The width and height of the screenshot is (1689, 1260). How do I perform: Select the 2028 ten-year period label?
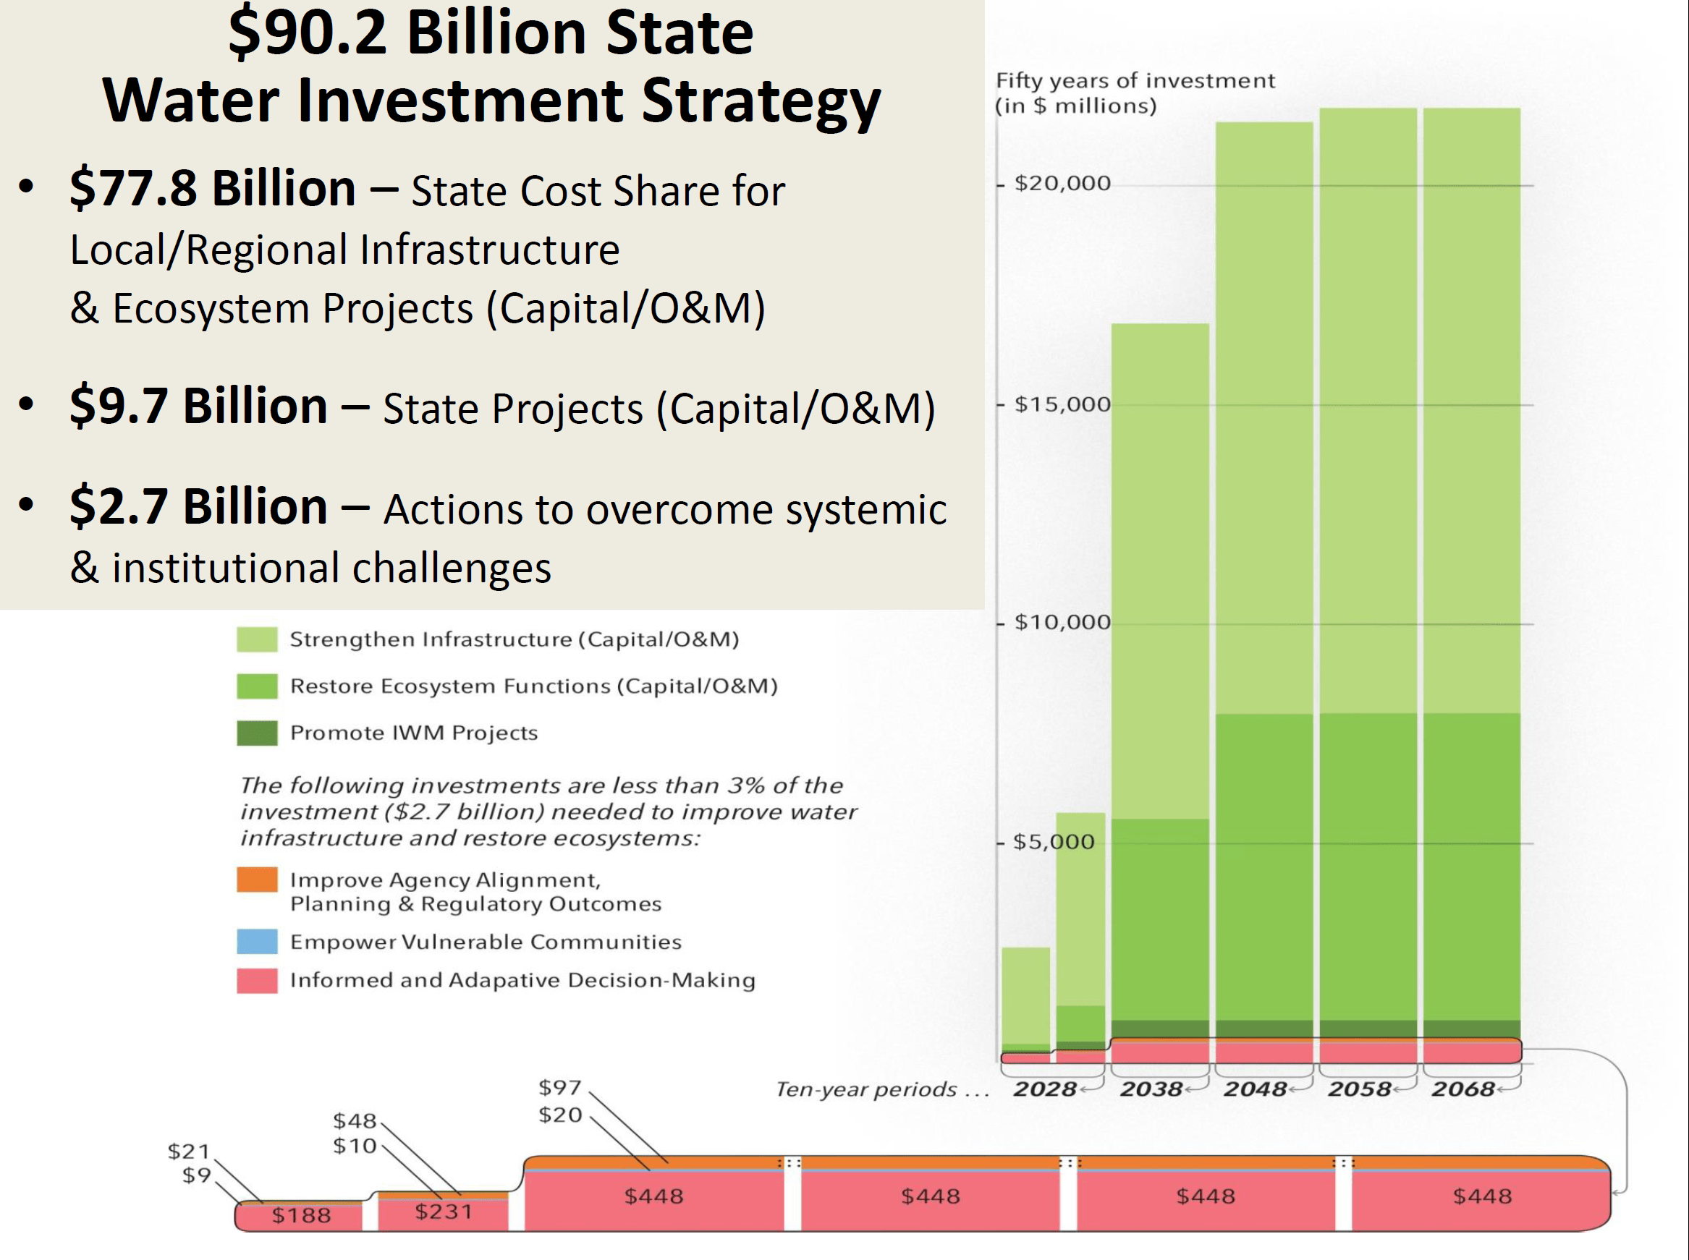coord(1044,1089)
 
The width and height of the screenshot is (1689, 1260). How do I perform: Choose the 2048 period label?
coord(1255,1089)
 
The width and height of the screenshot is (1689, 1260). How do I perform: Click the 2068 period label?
coord(1462,1089)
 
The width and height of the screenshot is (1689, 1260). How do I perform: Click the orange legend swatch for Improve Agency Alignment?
coord(257,880)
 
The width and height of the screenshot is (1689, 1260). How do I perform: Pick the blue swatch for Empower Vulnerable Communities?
coord(257,941)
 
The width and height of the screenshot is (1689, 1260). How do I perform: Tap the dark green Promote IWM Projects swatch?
coord(257,733)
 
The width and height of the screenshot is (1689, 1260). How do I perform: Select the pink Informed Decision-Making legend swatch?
coord(257,980)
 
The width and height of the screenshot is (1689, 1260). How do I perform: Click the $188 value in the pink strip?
coord(301,1215)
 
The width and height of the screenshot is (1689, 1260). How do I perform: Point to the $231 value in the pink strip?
coord(443,1212)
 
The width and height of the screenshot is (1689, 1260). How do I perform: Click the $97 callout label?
coord(560,1087)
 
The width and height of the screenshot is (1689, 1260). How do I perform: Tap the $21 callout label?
coord(188,1151)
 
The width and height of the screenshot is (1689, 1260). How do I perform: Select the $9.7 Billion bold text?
coord(198,406)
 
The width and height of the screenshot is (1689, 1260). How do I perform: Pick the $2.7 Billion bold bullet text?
coord(198,506)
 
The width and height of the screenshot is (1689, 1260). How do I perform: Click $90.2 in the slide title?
coord(308,33)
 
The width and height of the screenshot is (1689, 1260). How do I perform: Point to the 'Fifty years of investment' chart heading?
coord(1135,81)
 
